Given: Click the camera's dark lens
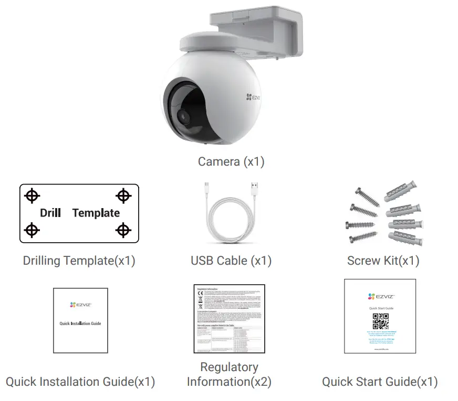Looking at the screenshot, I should point(184,118).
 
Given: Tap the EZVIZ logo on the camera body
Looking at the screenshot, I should point(252,96).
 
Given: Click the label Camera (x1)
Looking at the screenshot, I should point(231,161).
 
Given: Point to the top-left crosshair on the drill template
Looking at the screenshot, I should point(33,196).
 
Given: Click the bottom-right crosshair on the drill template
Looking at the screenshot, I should point(123,230).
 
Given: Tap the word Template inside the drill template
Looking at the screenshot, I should point(96,213).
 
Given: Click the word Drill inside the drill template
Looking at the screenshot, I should point(50,213).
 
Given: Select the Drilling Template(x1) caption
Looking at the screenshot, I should point(79,261).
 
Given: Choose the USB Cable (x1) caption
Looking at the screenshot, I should point(231,261).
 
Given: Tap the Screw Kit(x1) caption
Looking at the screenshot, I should point(383,261).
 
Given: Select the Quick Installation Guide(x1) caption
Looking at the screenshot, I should point(80,382).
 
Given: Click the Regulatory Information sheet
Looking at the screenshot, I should point(229,319).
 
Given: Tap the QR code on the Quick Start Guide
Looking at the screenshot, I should point(380,321).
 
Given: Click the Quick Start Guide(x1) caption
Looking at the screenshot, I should point(380,382).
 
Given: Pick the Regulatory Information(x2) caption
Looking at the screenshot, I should point(229,374).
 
